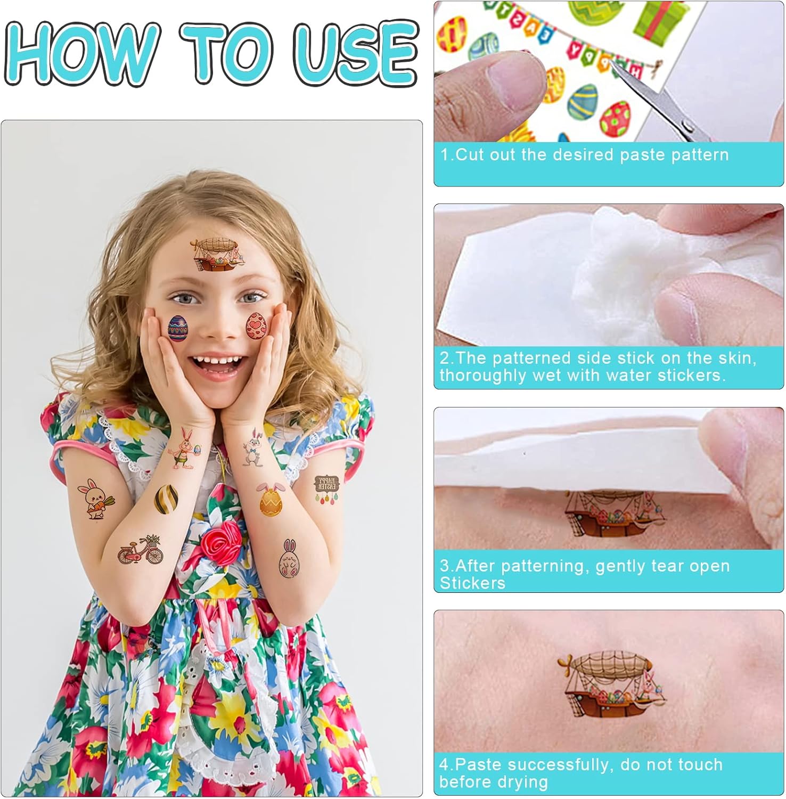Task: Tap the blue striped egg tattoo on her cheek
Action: pyautogui.click(x=178, y=329)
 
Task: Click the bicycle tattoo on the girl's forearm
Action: pyautogui.click(x=141, y=550)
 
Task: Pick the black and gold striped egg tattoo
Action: pyautogui.click(x=166, y=499)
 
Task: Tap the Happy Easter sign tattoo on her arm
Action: pyautogui.click(x=326, y=490)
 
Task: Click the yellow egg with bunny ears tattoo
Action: pyautogui.click(x=271, y=499)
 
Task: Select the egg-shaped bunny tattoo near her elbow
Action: pyautogui.click(x=288, y=559)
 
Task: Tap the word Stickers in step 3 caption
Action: pyautogui.click(x=472, y=583)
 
